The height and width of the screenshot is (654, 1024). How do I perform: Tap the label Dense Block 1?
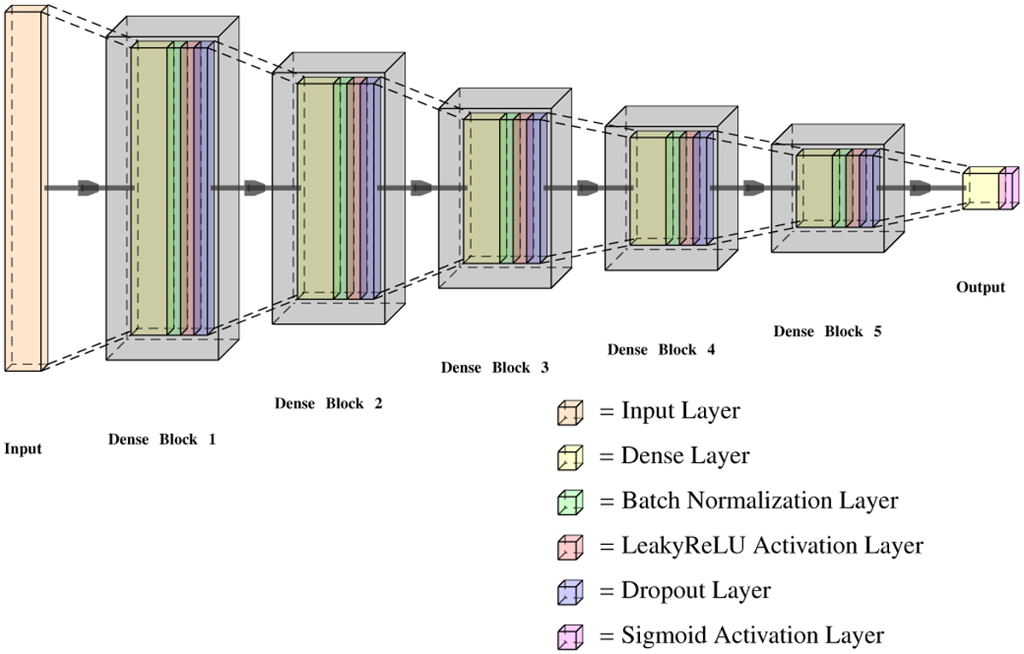(162, 440)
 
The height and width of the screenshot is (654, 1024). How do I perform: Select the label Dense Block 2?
(329, 403)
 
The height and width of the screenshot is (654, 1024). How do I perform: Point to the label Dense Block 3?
(495, 368)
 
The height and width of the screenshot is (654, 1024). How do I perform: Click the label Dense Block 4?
(661, 350)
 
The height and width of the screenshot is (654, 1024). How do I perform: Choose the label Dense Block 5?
(827, 331)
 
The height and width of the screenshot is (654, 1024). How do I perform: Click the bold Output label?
(980, 287)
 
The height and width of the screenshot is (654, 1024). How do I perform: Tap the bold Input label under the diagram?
(23, 449)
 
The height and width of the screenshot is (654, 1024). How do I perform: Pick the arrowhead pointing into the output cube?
(920, 188)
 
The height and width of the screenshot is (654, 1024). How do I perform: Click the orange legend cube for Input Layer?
(570, 413)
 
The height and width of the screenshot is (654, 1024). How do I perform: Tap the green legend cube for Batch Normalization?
(570, 501)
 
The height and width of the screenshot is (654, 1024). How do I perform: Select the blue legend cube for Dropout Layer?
(570, 591)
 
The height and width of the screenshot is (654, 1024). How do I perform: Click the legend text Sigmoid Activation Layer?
(742, 635)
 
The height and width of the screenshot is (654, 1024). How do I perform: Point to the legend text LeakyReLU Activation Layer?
(761, 546)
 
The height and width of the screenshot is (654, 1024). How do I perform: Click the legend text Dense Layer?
(674, 456)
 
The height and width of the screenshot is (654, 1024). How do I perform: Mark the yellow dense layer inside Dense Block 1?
(149, 188)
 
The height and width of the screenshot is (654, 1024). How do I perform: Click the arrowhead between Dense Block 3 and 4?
(588, 188)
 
